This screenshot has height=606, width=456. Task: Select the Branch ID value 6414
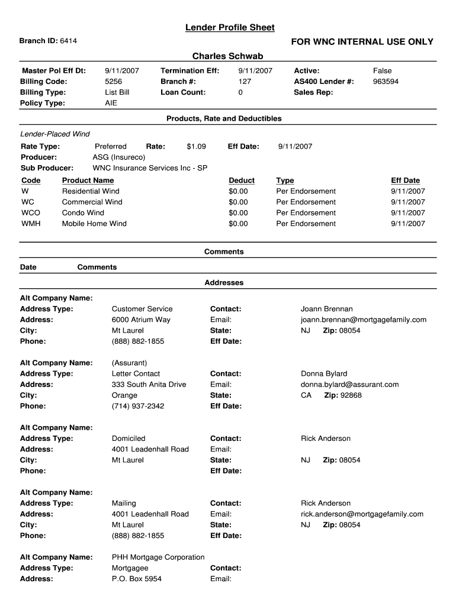coord(68,41)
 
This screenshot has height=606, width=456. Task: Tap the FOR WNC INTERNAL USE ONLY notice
coord(362,41)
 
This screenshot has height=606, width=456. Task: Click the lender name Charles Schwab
coord(227,56)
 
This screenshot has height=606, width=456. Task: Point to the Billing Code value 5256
coord(113,82)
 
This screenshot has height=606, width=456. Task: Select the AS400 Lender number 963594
coord(386,82)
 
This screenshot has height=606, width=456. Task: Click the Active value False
coord(382,70)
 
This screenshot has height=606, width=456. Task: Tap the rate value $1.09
coord(196,146)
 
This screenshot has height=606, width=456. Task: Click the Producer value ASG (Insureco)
coord(118,157)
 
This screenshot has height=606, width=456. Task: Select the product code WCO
coord(30,213)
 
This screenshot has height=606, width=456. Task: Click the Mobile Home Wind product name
coord(94,224)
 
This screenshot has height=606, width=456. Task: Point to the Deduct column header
coord(242,180)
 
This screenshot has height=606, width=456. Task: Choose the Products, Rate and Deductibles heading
coord(224,119)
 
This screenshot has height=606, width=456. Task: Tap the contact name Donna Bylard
coord(324,374)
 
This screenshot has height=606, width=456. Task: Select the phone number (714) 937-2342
coord(138,406)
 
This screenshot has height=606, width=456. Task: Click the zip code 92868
coord(350,395)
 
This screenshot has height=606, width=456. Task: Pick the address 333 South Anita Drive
coord(149,385)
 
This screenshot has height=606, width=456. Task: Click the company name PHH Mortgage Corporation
coord(158,557)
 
